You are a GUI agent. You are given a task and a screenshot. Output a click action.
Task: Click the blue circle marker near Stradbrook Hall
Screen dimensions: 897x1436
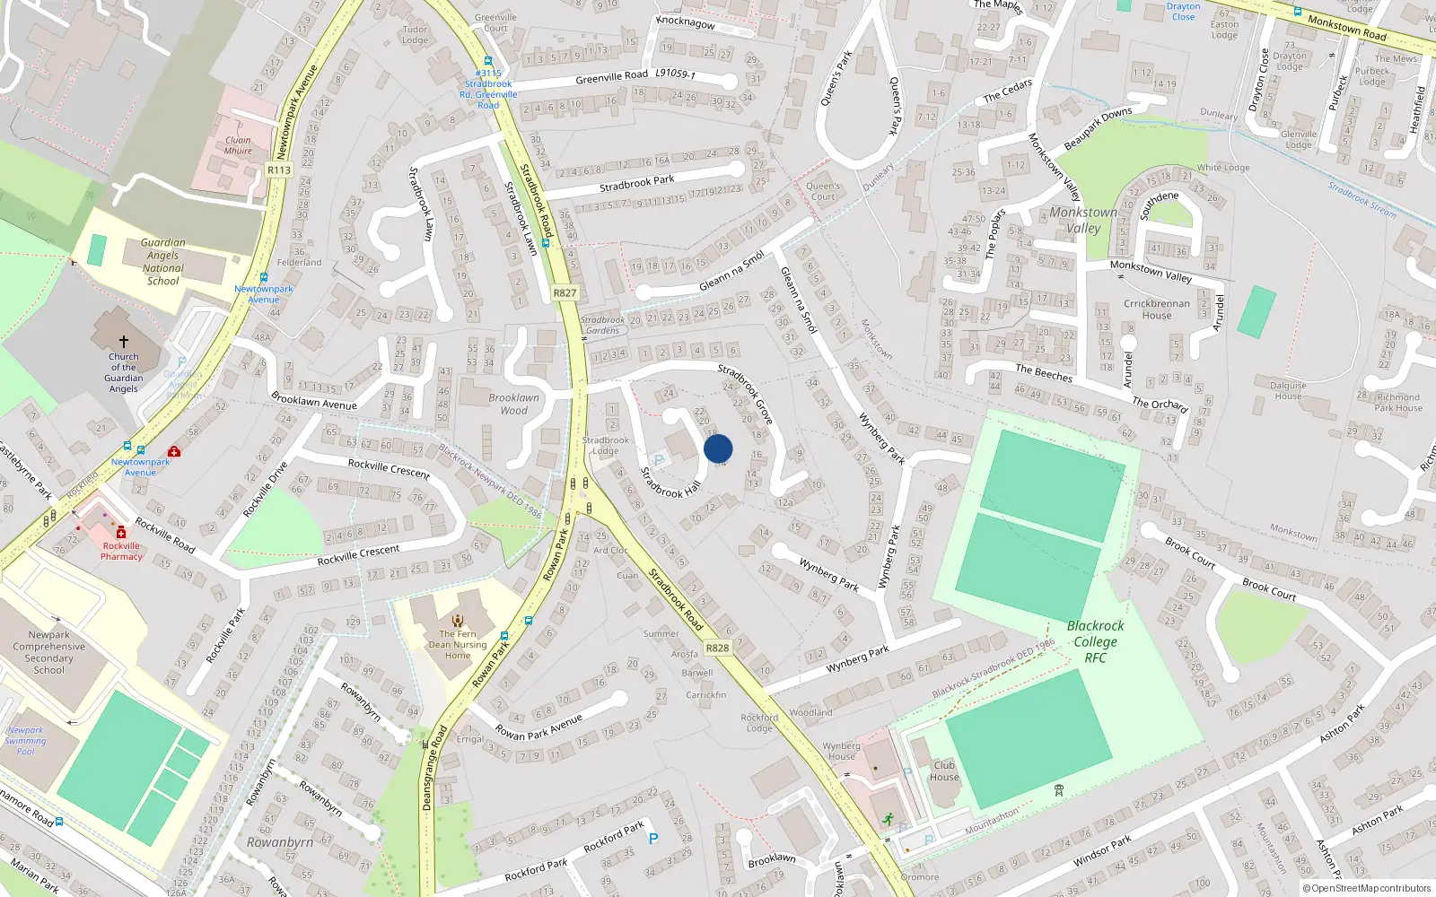tap(718, 448)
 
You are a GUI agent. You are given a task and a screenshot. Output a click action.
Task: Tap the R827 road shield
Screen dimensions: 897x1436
tap(565, 293)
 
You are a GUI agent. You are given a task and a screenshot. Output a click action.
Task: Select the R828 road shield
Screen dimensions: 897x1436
tap(717, 648)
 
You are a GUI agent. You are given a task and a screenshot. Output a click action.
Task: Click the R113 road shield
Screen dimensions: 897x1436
tap(279, 170)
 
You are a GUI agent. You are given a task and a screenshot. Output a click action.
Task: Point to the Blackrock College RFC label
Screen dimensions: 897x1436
tap(1095, 641)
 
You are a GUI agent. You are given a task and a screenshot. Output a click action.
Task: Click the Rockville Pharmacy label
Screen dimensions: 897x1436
tap(121, 551)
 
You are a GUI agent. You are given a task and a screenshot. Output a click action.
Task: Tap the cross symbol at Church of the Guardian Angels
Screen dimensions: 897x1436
tap(124, 342)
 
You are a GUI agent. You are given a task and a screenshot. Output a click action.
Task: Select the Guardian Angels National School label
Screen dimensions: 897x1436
tap(163, 262)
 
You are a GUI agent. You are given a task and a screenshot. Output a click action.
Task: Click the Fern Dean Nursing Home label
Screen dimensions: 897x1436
tap(458, 644)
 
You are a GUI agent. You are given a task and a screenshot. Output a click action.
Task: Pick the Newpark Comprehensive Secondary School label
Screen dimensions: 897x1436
tap(49, 652)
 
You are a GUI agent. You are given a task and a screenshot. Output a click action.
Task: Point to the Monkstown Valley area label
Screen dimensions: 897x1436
tap(1083, 220)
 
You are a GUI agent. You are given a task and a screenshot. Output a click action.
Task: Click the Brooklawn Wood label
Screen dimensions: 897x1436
tap(514, 404)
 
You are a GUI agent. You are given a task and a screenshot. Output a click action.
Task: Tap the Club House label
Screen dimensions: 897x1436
tap(944, 771)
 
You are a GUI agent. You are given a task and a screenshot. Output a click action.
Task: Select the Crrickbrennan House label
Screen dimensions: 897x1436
tap(1157, 309)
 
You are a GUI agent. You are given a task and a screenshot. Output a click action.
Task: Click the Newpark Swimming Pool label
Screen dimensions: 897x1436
tap(25, 741)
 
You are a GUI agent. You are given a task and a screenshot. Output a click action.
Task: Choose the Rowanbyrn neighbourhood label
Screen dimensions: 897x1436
tap(280, 842)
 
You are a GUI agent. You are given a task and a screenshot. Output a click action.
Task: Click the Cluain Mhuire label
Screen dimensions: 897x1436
tap(238, 145)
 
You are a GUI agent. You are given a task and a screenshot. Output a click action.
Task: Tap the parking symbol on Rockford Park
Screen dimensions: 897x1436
tap(653, 839)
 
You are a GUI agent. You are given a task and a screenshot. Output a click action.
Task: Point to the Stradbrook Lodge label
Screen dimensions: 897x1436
tap(606, 445)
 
